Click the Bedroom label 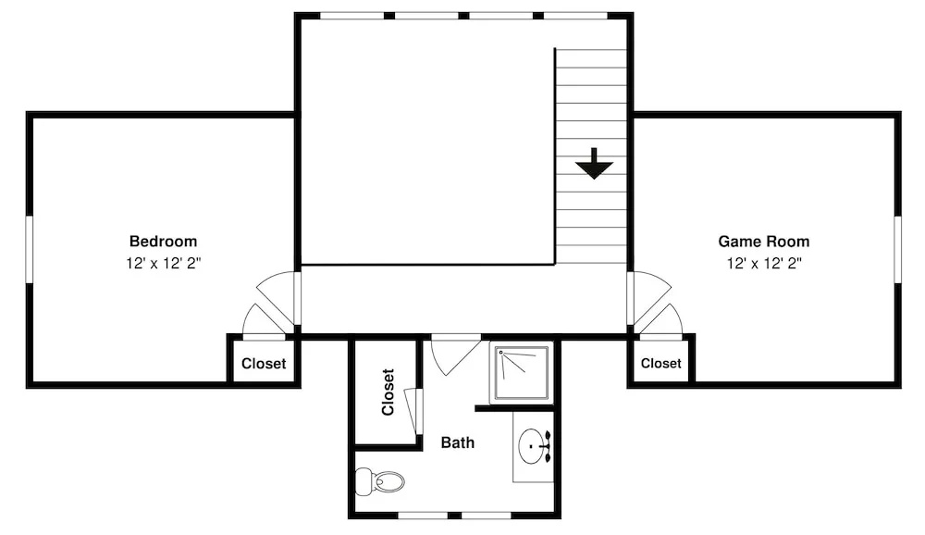coord(163,241)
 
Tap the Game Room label coord(763,241)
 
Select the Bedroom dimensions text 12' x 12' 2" coord(163,263)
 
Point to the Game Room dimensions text coord(763,263)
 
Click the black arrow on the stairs coord(594,164)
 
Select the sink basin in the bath coord(531,446)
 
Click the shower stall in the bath coord(522,373)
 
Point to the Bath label coord(457,442)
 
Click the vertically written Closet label coord(388,392)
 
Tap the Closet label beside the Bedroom coord(263,363)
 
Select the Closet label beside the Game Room coord(660,363)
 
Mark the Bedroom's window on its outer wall coord(29,249)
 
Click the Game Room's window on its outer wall coord(897,249)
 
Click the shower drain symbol coord(500,353)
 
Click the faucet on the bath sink coord(545,447)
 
